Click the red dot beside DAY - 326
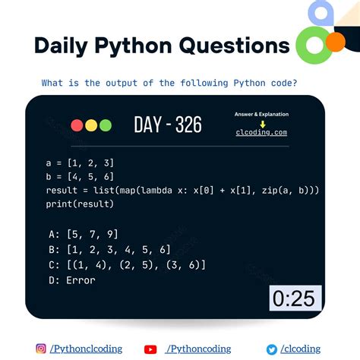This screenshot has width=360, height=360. pyautogui.click(x=77, y=125)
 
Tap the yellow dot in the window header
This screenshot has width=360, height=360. pyautogui.click(x=90, y=125)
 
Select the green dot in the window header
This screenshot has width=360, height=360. pyautogui.click(x=105, y=125)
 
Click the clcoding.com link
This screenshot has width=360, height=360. pyautogui.click(x=261, y=132)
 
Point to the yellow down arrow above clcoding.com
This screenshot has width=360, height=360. pyautogui.click(x=261, y=123)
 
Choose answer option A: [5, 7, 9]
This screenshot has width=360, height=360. pyautogui.click(x=82, y=232)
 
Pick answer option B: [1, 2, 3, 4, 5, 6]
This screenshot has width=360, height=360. pyautogui.click(x=106, y=248)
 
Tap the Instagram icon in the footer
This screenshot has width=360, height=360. pyautogui.click(x=41, y=349)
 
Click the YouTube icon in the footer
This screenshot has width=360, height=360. pyautogui.click(x=150, y=349)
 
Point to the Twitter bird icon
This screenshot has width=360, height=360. pyautogui.click(x=271, y=349)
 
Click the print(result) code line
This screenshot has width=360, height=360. pyautogui.click(x=80, y=204)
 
